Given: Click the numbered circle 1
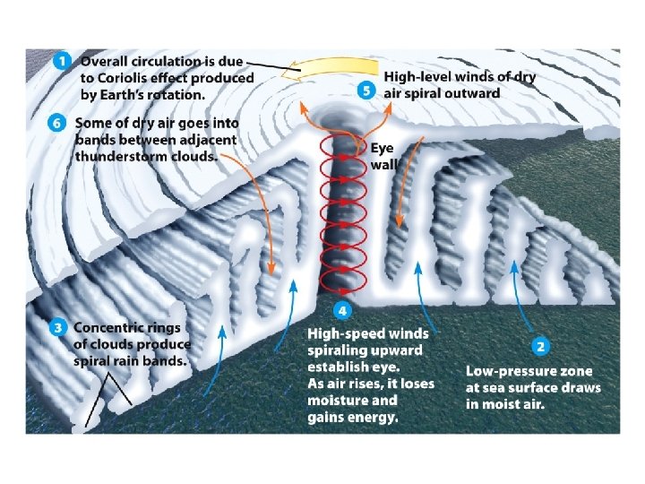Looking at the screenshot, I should point(61,62).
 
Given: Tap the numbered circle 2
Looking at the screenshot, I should point(541,345).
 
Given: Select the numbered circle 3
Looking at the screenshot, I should point(57,328).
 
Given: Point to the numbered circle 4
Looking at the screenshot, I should point(342,311).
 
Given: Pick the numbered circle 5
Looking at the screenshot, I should point(365,91).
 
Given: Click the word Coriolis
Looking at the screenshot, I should point(126,77).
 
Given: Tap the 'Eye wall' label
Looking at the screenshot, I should point(382,158).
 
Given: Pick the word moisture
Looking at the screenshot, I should point(338,401).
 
